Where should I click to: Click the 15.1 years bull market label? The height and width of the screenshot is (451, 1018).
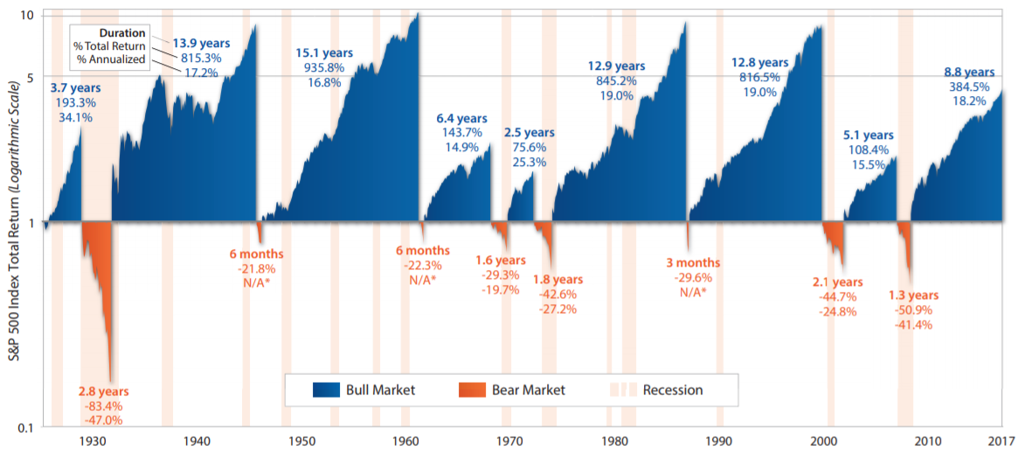[322, 52]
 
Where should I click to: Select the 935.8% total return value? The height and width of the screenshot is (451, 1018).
[322, 67]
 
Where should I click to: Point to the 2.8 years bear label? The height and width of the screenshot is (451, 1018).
[103, 392]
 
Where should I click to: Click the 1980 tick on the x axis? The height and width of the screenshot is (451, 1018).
[616, 440]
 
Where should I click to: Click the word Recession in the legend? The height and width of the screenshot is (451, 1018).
[672, 390]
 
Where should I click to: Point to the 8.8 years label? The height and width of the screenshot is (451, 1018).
[968, 72]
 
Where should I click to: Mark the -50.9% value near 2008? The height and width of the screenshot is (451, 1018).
[913, 310]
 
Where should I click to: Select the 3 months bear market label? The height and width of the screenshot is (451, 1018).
[693, 262]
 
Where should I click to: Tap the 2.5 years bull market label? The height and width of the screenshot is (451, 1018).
[529, 132]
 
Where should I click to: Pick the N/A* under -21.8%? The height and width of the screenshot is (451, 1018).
[257, 283]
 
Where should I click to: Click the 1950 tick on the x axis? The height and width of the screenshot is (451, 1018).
[301, 440]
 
